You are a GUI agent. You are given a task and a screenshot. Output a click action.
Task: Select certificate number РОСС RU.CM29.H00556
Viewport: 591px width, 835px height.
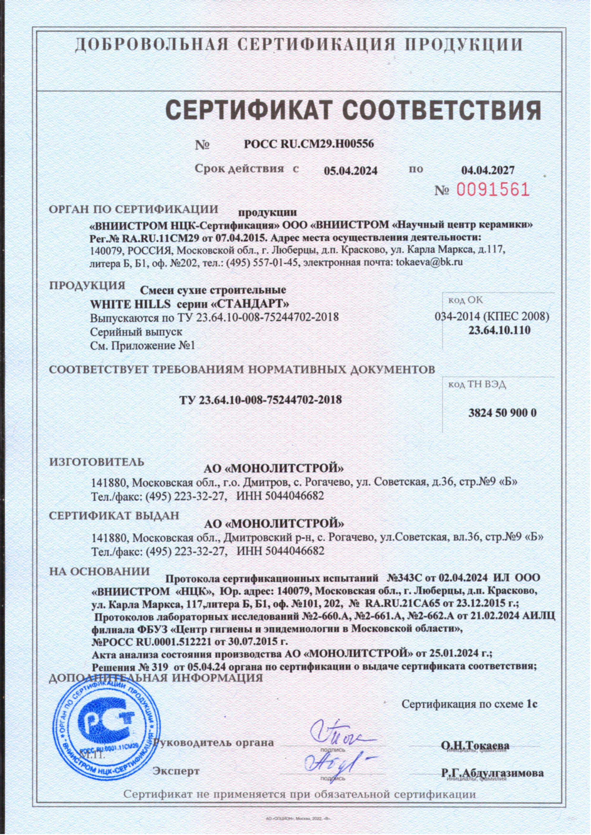point(309,144)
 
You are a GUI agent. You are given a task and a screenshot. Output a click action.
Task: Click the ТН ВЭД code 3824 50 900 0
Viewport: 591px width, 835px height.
point(502,413)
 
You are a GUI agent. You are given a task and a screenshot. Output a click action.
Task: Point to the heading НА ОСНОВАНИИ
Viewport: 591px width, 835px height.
point(100,571)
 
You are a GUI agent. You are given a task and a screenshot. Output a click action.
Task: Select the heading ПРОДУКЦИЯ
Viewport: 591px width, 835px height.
point(87,285)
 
